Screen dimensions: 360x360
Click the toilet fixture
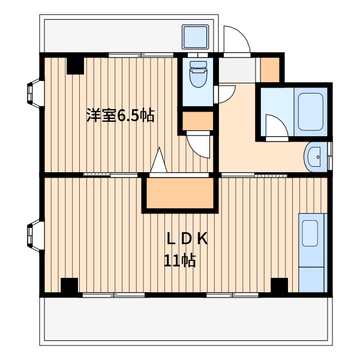point(198,74)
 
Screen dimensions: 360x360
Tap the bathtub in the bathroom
point(310,112)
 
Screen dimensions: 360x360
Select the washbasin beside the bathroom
point(315,157)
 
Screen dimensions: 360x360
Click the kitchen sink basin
point(310,233)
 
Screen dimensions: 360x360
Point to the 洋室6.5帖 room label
point(121,115)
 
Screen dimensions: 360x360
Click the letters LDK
point(187,239)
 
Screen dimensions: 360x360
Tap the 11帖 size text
point(180,260)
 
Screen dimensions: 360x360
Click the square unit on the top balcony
point(196,37)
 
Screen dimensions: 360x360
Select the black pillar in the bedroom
point(75,65)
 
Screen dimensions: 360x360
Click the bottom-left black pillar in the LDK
point(70,286)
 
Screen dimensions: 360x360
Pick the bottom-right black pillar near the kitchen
point(279,285)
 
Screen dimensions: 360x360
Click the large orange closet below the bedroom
point(180,193)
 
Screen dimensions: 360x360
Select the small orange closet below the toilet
point(197,121)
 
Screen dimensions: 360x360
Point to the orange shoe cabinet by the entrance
point(270,70)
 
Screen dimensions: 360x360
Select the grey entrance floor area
point(237,70)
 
